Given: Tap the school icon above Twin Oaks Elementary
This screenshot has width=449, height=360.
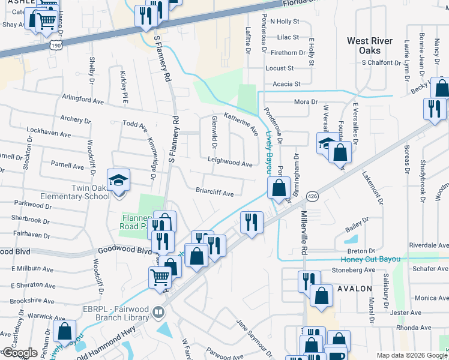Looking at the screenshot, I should click(118, 179).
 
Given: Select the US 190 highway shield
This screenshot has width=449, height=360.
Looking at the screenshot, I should click(55, 45).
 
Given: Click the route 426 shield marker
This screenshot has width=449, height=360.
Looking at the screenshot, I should click(313, 196).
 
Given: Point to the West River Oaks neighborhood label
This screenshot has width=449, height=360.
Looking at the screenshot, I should click(370, 46).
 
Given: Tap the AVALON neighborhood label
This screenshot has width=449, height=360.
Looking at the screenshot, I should click(355, 289).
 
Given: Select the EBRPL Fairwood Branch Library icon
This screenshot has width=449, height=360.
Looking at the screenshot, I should click(158, 311).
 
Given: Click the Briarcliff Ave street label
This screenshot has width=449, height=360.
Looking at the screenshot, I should click(214, 194).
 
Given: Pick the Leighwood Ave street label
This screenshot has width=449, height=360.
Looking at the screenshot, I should click(230, 163).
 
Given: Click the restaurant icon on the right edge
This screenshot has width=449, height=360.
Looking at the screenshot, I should click(433, 109).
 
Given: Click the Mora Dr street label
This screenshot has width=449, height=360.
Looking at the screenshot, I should click(306, 102).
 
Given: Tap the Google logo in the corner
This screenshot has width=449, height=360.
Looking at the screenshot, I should click(19, 353).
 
